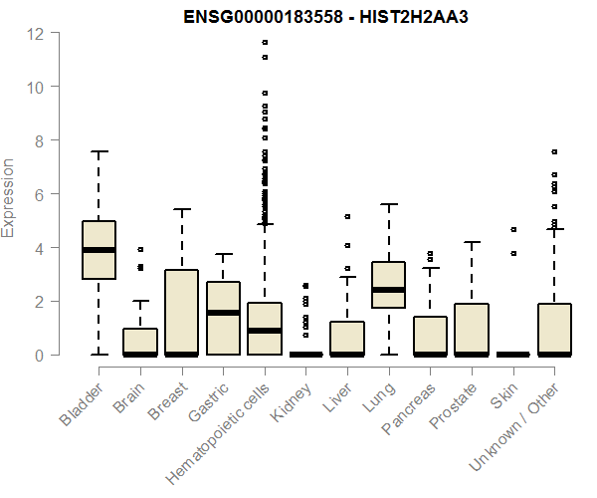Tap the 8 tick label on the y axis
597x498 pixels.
pyautogui.click(x=36, y=140)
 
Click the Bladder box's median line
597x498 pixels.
pyautogui.click(x=99, y=249)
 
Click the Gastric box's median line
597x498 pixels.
pyautogui.click(x=223, y=313)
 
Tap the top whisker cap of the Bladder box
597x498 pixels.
pyautogui.click(x=99, y=151)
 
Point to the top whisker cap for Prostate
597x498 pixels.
pyautogui.click(x=472, y=242)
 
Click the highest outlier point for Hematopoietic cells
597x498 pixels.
pyautogui.click(x=265, y=42)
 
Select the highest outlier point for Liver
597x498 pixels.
pyautogui.click(x=347, y=216)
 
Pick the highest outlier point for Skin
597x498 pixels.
pyautogui.click(x=513, y=229)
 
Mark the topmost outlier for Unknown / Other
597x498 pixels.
pyautogui.click(x=554, y=151)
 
